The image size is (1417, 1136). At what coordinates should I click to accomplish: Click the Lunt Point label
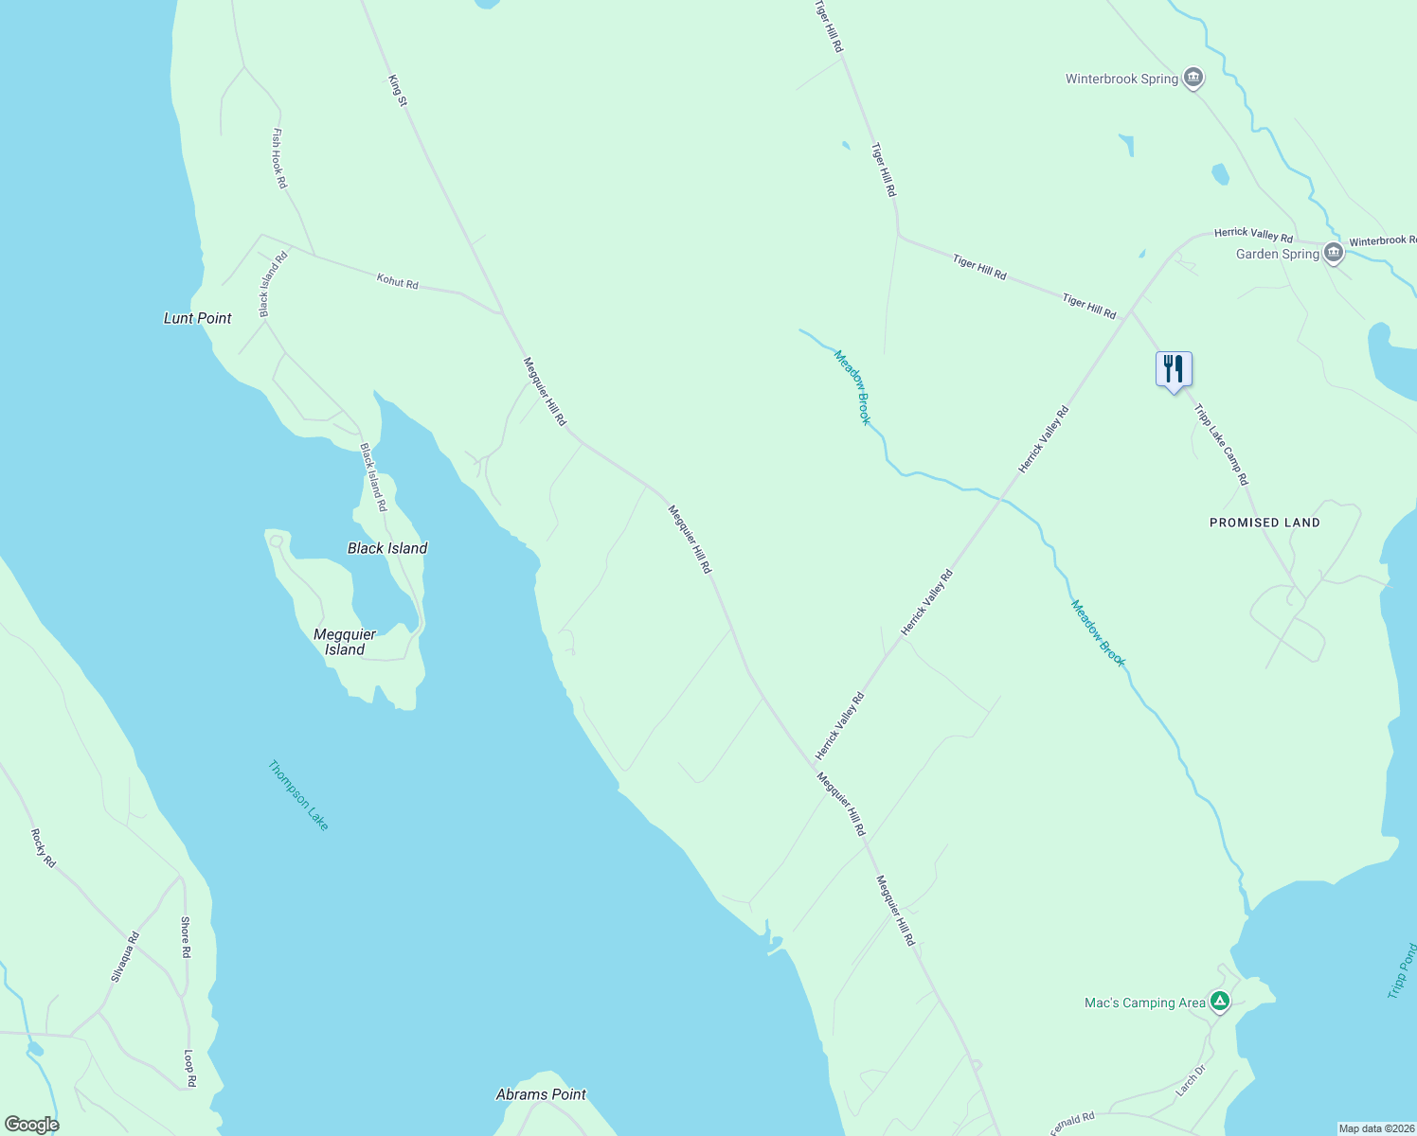(x=197, y=318)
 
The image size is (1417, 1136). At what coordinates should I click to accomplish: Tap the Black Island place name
(x=387, y=548)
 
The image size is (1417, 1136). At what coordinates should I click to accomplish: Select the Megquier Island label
(x=345, y=642)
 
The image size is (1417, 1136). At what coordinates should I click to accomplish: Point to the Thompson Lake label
(x=298, y=796)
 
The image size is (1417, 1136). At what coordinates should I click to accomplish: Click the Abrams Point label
(x=541, y=1094)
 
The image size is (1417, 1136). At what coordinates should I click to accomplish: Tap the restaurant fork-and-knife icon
(x=1174, y=369)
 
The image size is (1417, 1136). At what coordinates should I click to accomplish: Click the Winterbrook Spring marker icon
(x=1193, y=78)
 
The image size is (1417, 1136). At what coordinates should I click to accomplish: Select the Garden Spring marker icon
(x=1334, y=253)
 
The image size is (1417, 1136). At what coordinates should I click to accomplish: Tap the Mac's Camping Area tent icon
(x=1220, y=1001)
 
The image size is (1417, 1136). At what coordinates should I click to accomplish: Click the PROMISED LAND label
(x=1265, y=523)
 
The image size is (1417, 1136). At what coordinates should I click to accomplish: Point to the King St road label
(x=398, y=90)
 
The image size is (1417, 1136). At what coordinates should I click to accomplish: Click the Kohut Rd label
(x=398, y=282)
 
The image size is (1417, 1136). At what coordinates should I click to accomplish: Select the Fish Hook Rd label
(x=278, y=158)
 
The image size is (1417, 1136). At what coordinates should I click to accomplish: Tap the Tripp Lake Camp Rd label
(x=1221, y=445)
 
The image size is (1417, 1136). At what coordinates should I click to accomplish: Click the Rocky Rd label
(x=44, y=848)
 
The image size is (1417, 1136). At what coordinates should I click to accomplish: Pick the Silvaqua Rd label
(x=125, y=956)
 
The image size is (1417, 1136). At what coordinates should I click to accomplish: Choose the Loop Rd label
(x=189, y=1068)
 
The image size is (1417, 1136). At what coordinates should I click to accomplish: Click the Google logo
(x=31, y=1125)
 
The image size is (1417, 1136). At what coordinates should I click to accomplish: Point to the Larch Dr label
(x=1191, y=1080)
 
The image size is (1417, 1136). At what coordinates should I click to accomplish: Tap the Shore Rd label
(x=186, y=937)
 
